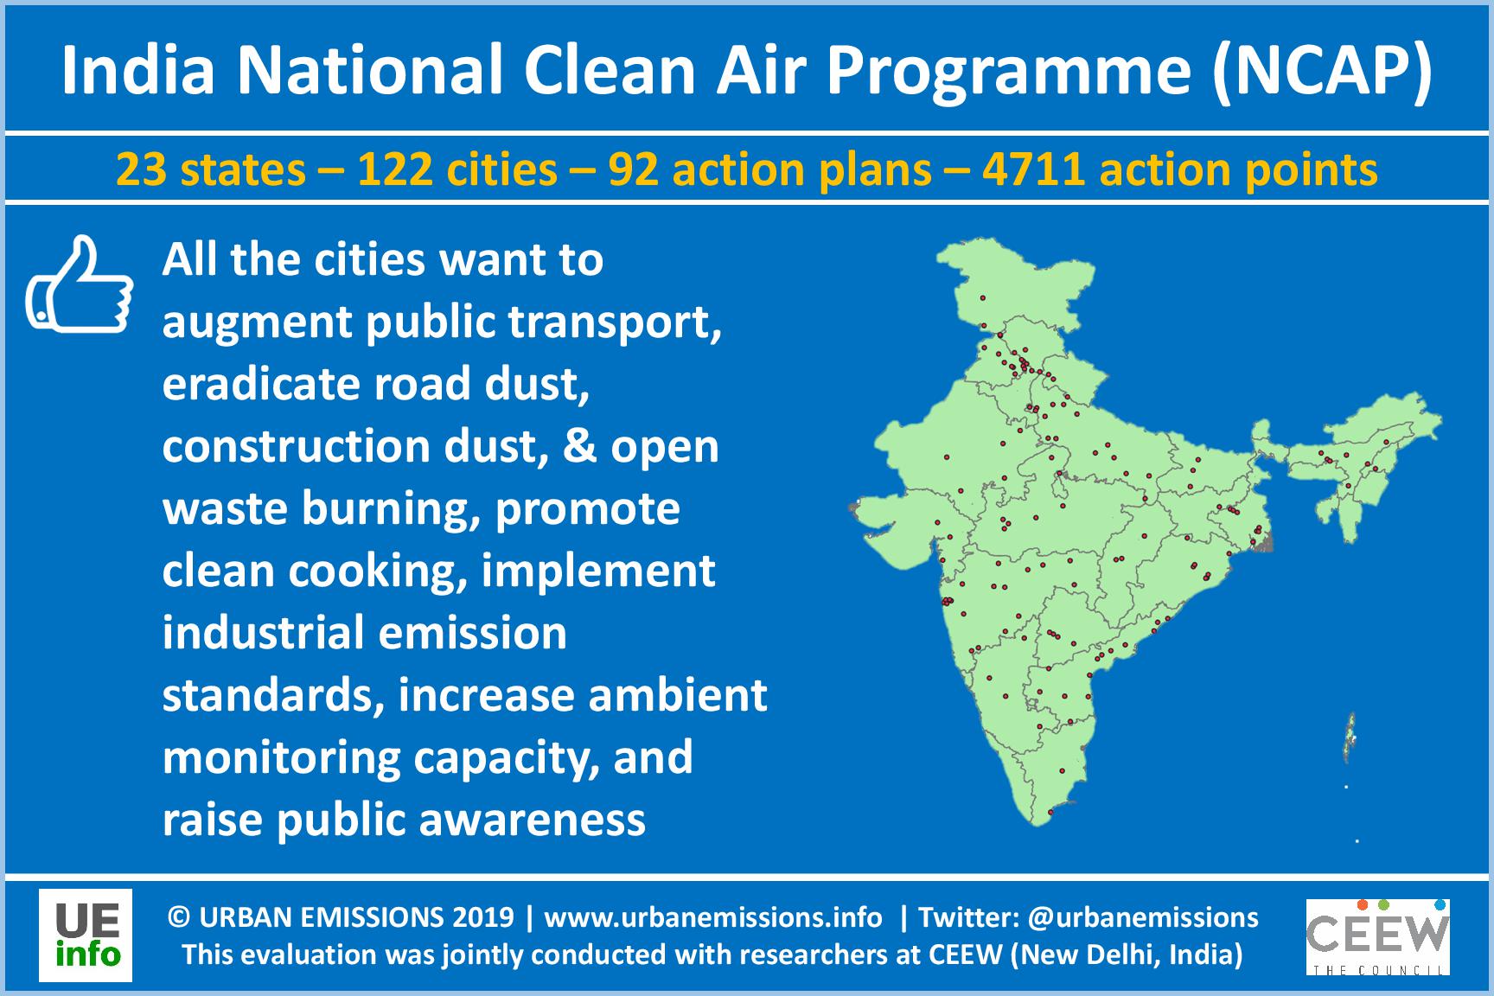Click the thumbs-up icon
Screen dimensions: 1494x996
tap(79, 284)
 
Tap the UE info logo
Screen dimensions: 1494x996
tap(86, 935)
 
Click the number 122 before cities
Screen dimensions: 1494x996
tap(394, 169)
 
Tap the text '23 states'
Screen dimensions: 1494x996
tap(211, 169)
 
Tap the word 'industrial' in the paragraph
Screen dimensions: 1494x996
tap(263, 633)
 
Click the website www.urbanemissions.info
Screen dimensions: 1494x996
tap(713, 917)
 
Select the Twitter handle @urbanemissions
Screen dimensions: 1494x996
tap(1145, 917)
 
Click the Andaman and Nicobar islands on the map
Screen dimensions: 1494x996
tap(1350, 735)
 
